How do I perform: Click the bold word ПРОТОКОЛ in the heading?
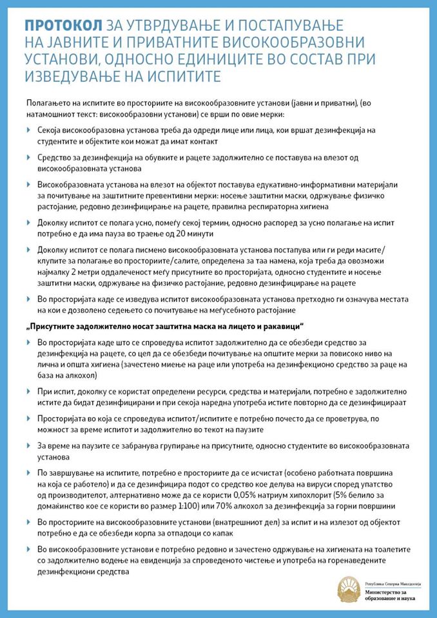(x=63, y=25)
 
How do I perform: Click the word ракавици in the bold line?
(x=280, y=325)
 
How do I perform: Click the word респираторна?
(x=253, y=207)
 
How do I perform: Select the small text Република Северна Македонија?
(x=392, y=581)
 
